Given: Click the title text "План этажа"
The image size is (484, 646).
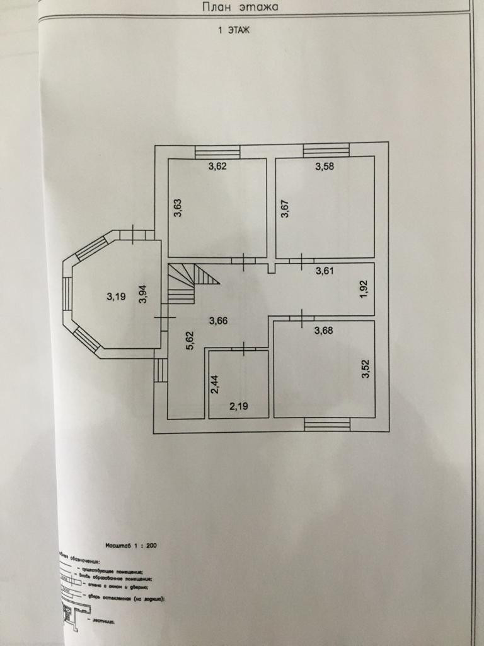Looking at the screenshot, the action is click(240, 8).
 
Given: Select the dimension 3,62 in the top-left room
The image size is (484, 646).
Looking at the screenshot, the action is click(217, 167).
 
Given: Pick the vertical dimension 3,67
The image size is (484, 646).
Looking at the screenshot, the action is click(285, 208).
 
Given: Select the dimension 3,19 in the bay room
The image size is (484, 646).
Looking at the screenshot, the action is click(115, 295).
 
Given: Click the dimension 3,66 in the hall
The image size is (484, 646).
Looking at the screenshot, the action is click(217, 320).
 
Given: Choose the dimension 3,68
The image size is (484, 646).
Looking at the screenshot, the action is click(324, 331).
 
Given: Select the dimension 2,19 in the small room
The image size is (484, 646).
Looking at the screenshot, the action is click(238, 407).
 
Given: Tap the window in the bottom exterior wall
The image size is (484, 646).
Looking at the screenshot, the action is click(327, 425).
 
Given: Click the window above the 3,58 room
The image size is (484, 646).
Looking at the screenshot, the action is click(326, 151).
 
